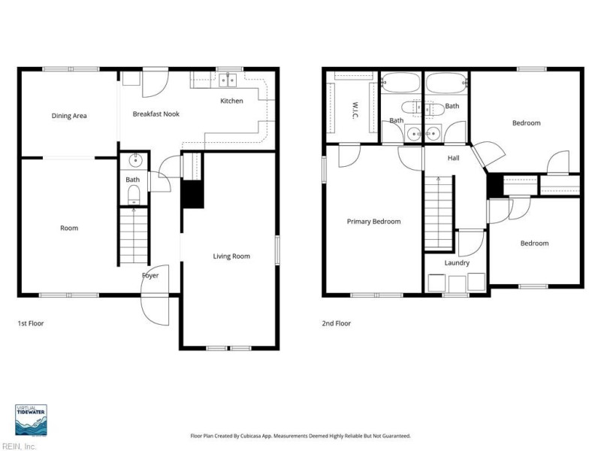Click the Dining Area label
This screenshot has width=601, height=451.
tap(69, 116)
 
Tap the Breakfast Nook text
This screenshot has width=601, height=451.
tap(156, 114)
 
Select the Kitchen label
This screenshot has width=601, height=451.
tap(231, 101)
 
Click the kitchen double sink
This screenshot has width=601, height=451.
tap(228, 80)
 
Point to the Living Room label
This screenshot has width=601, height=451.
tap(231, 256)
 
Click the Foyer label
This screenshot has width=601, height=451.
tap(150, 275)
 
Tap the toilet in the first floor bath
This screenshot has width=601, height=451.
tap(134, 195)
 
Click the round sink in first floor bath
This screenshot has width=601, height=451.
tap(136, 161)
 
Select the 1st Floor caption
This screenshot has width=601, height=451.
tap(31, 323)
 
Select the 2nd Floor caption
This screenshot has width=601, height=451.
tap(336, 323)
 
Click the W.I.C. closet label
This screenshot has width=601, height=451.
tap(355, 110)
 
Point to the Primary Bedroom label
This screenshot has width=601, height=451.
tap(373, 222)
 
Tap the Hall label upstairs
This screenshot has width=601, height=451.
tap(454, 158)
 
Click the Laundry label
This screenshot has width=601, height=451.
tap(457, 262)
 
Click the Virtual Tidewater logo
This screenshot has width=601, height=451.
tap(31, 420)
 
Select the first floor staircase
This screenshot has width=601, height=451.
tap(134, 237)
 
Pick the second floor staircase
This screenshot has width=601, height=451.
tap(439, 213)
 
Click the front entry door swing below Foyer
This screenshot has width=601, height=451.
tap(155, 310)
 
